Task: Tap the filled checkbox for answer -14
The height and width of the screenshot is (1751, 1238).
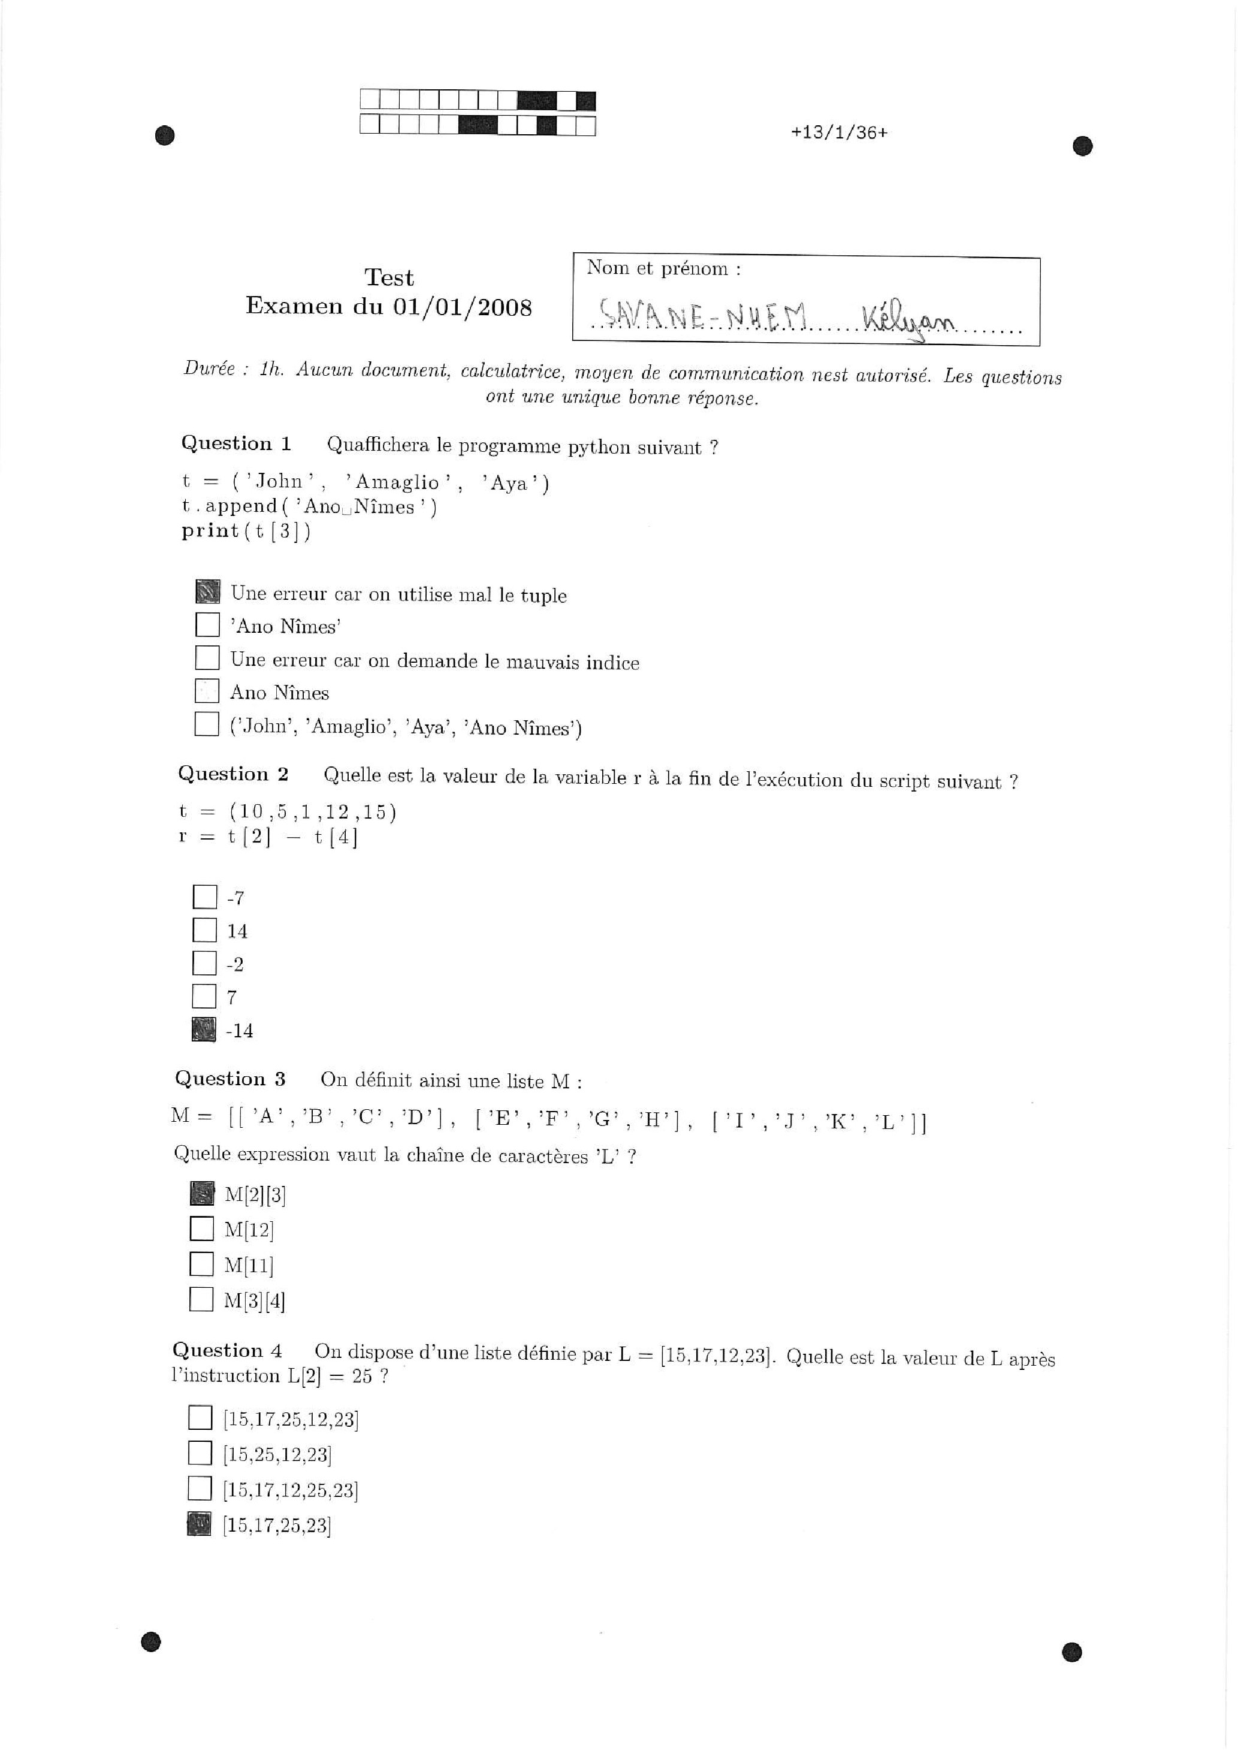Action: click(204, 1030)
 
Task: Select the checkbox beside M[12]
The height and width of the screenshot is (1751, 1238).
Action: click(201, 1228)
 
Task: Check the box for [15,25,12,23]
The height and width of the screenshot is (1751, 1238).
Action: click(200, 1453)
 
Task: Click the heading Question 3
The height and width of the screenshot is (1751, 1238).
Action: click(230, 1079)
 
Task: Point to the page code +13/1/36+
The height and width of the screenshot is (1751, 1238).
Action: click(839, 132)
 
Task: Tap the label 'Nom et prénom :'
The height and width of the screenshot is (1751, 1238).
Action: click(663, 268)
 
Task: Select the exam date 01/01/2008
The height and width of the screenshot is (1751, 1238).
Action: click(462, 307)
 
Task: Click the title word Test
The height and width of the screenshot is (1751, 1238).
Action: click(389, 277)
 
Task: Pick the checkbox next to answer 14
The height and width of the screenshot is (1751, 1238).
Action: click(204, 929)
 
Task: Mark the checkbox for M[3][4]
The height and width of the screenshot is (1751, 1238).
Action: click(201, 1299)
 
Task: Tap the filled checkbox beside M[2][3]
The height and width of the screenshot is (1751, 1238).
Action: click(202, 1193)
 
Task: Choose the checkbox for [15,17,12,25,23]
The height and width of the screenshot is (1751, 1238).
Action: click(200, 1488)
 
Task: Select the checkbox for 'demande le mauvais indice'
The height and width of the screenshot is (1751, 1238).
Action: click(207, 658)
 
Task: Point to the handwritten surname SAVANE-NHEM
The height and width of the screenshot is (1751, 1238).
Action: click(702, 314)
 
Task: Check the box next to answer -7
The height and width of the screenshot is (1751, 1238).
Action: click(205, 897)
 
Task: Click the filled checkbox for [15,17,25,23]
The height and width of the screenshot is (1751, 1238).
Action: click(199, 1524)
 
